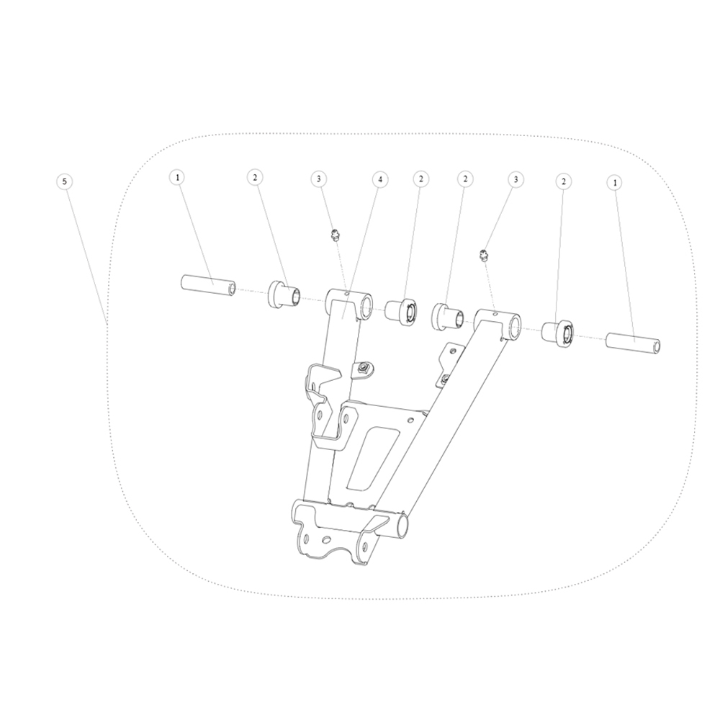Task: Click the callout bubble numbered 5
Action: point(64,181)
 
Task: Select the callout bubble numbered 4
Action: point(380,179)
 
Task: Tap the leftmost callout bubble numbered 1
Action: point(178,177)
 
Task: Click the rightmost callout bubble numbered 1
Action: point(614,183)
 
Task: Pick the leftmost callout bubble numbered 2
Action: point(255,177)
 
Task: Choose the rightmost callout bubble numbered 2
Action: point(563,182)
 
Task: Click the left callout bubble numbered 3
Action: point(319,179)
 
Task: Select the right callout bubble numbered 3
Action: point(516,179)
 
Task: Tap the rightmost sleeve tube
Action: point(634,341)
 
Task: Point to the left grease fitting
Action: point(335,235)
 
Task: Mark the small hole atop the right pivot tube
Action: point(496,314)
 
